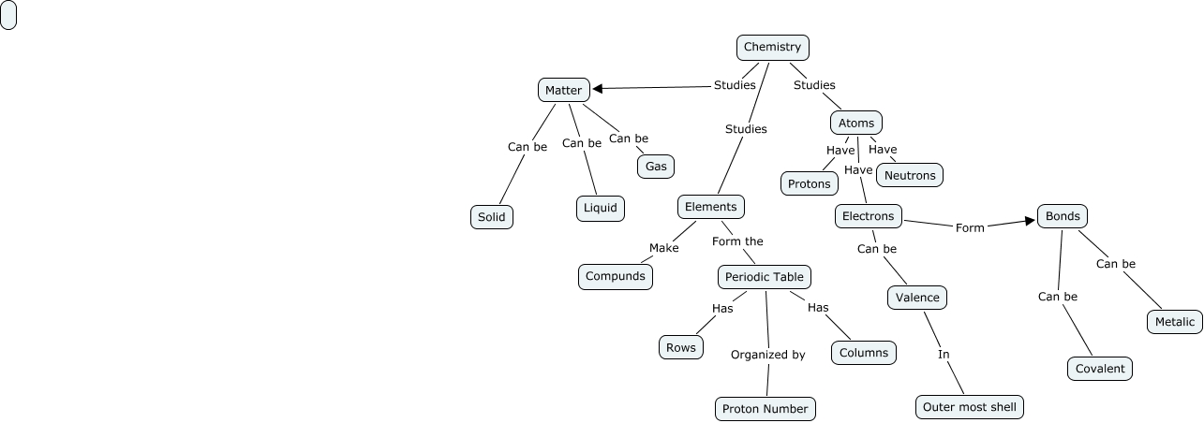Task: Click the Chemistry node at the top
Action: pos(772,47)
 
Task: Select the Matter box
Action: pos(564,90)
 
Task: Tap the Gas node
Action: pos(656,167)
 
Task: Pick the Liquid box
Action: pos(600,208)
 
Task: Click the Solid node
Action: pos(491,217)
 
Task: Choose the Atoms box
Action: pos(856,123)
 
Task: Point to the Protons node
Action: pos(810,183)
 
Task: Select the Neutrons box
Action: pos(910,175)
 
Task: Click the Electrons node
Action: pos(869,216)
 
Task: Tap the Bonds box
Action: pos(1063,216)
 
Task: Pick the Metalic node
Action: pos(1175,322)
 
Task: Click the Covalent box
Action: pos(1100,369)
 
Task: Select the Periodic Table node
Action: pos(765,277)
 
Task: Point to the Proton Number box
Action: pos(766,409)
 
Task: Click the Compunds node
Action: pos(615,276)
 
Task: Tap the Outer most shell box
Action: pos(970,407)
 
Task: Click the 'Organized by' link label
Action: pos(767,355)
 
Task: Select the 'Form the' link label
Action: pos(737,241)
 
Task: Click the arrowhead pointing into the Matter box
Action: pos(598,89)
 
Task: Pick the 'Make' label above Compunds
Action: pos(663,248)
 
